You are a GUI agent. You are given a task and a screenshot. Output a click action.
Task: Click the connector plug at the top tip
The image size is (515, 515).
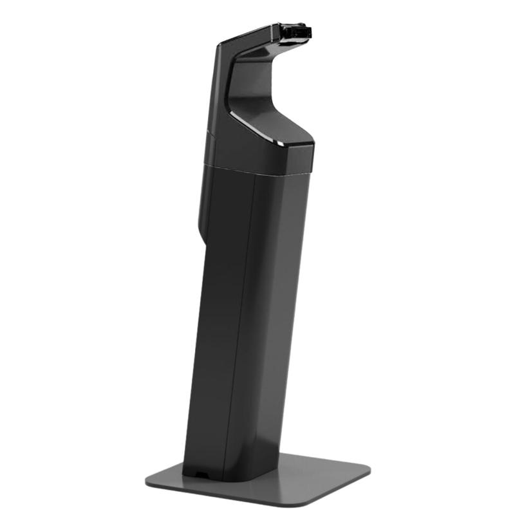[297, 32]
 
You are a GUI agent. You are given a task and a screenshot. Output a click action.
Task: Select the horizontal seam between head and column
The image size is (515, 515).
[257, 169]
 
